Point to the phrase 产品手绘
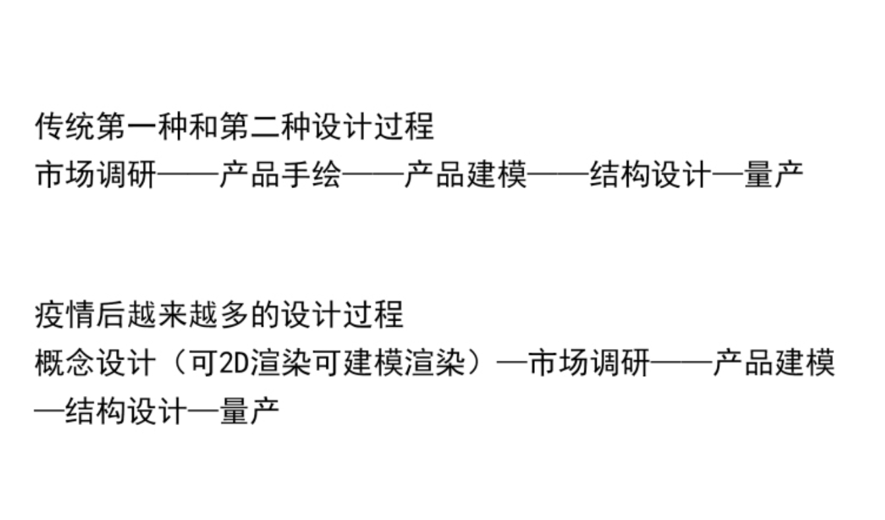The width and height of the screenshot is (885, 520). (280, 176)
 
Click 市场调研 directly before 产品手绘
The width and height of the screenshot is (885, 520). (96, 176)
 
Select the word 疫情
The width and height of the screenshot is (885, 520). (65, 315)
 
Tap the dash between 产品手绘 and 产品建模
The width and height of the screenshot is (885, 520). (373, 176)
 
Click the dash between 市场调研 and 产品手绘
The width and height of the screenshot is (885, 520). (188, 176)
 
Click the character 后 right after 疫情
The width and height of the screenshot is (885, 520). (111, 315)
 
